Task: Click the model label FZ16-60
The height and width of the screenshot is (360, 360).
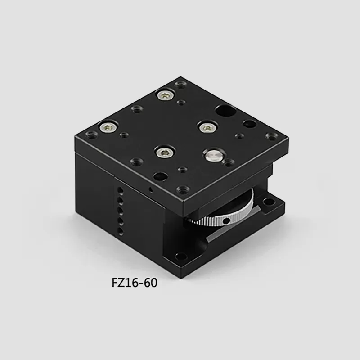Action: (x=135, y=283)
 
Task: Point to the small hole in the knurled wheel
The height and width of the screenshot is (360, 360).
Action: (x=226, y=221)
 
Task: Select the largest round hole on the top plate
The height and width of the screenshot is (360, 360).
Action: (x=226, y=111)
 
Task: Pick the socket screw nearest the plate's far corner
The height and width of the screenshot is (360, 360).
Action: (x=165, y=94)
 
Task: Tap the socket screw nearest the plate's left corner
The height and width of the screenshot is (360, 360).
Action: (x=108, y=127)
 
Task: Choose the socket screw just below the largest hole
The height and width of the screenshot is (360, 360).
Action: (x=207, y=127)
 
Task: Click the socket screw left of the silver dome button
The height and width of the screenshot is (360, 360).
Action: (x=164, y=152)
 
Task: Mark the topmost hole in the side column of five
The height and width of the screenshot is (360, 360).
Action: (x=120, y=190)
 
